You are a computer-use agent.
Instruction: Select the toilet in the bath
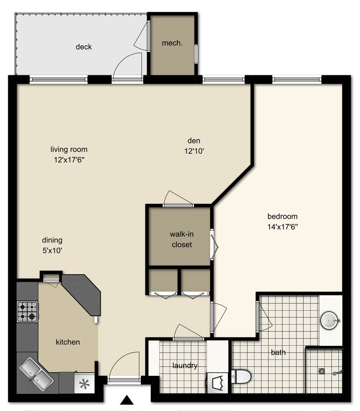coord(241,377)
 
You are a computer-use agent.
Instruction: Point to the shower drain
coord(322,371)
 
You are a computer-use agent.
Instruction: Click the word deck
coord(84,47)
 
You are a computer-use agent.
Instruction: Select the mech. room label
coord(172,43)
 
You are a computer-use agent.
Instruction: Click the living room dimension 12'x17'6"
coord(69,160)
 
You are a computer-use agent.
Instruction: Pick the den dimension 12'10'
coord(194,151)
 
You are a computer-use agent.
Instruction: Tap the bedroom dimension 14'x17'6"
coord(283,227)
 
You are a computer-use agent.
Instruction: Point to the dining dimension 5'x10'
coord(52,251)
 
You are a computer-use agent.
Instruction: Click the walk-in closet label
coord(182,239)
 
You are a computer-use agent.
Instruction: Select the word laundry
coord(185,365)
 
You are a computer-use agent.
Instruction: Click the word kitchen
coord(68,342)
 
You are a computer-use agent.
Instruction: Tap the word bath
coord(278,352)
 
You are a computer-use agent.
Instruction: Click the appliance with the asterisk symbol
coord(84,383)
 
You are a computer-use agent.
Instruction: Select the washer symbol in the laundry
coord(218,383)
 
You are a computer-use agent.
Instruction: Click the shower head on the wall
coord(338,372)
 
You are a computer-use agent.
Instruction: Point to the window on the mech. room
coord(196,54)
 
